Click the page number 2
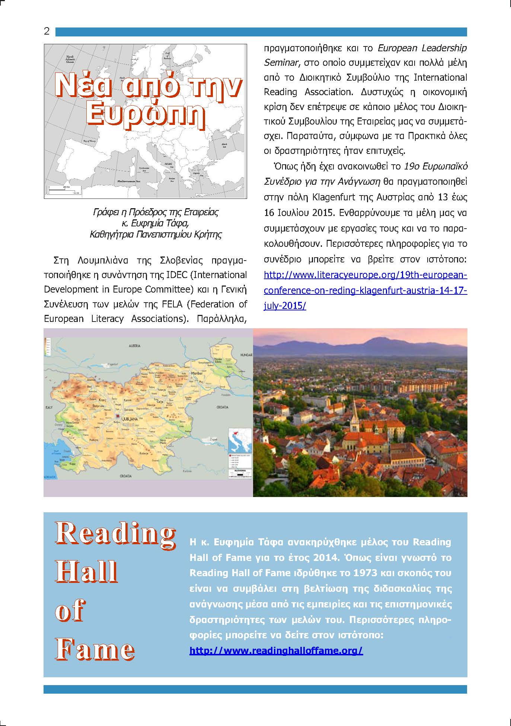point(47,31)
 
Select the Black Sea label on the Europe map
point(224,145)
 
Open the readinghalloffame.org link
point(276,651)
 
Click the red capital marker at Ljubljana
point(118,416)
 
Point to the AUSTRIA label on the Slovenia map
point(134,346)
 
